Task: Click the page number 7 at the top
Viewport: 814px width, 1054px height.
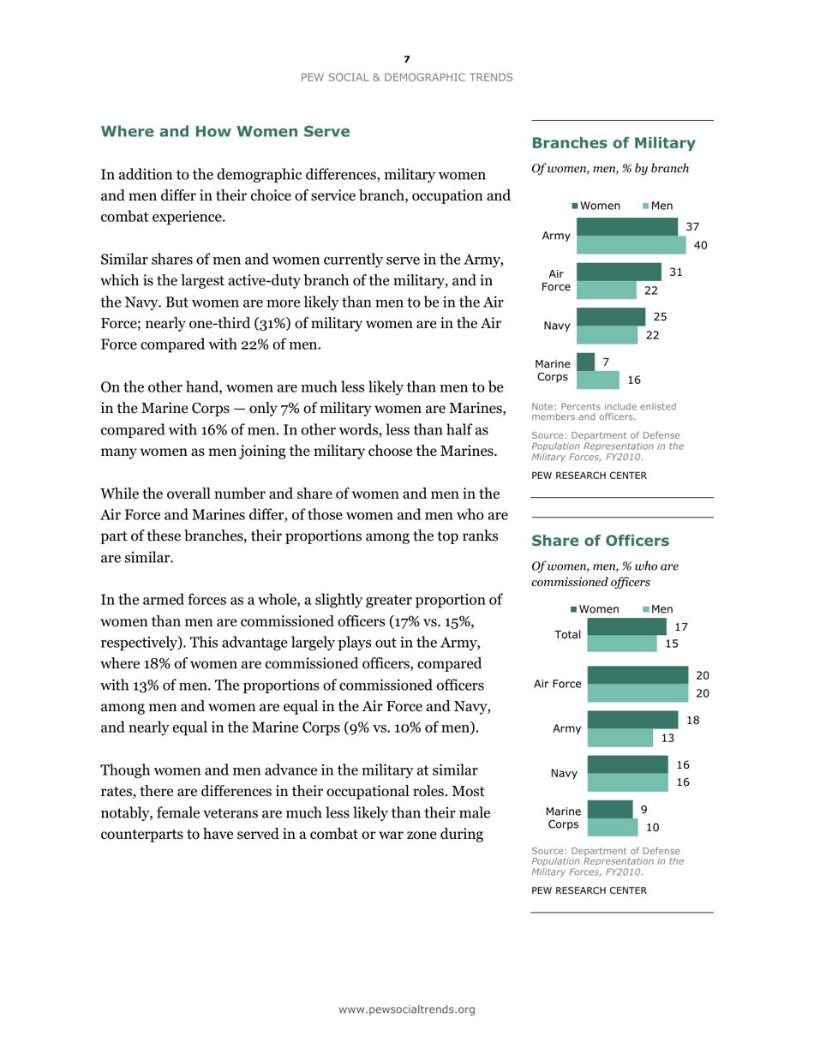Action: click(x=407, y=59)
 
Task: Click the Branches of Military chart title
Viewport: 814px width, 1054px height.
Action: click(x=613, y=142)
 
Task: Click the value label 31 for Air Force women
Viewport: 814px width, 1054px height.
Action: click(x=677, y=272)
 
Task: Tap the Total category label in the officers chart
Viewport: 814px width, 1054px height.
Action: click(x=567, y=635)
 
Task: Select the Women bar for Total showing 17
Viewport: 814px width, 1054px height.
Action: click(x=630, y=627)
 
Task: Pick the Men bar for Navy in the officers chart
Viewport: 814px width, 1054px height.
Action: click(x=628, y=782)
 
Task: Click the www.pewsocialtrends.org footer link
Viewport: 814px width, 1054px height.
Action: click(x=406, y=1009)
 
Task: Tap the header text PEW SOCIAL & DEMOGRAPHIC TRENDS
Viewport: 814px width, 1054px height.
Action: click(x=407, y=77)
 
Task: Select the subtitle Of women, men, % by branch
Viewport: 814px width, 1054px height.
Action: click(x=610, y=169)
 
